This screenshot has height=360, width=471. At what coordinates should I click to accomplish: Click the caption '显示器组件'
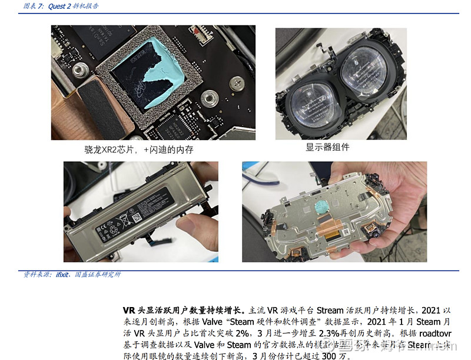tap(327, 147)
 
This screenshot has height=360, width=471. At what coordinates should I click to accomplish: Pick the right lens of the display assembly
tap(365, 70)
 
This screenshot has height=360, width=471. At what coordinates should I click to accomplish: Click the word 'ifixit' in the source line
tap(63, 275)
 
